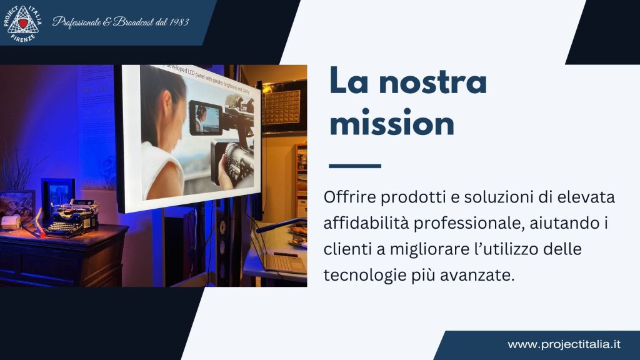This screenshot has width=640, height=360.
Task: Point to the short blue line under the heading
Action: tap(354, 166)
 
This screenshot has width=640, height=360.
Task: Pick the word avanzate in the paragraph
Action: tap(487, 274)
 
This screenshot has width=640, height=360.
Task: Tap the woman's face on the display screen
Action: tap(164, 106)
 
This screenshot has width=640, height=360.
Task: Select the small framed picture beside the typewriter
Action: tap(57, 194)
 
